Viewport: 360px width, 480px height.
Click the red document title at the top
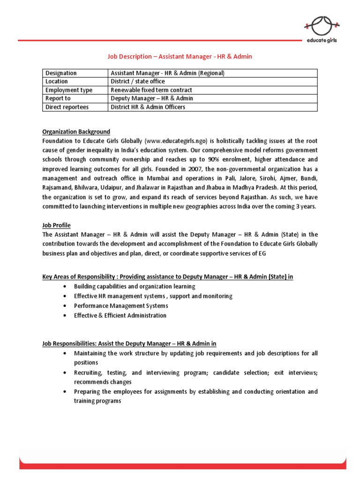click(x=180, y=56)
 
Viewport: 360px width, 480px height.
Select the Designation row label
click(x=61, y=73)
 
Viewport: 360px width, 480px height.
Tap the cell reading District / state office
click(x=138, y=82)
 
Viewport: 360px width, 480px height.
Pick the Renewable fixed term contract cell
click(x=151, y=90)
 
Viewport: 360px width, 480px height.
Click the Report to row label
click(x=58, y=98)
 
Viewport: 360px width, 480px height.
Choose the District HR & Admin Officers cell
click(x=148, y=107)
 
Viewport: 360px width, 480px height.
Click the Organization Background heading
click(x=76, y=131)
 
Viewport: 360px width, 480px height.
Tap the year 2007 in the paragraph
click(x=197, y=169)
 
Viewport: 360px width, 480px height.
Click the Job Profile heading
click(x=56, y=225)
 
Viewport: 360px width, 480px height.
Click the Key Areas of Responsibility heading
click(x=167, y=277)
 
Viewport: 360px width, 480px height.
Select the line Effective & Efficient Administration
click(x=120, y=315)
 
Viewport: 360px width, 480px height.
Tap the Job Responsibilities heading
click(x=129, y=344)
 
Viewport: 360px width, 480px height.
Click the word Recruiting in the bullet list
click(x=88, y=373)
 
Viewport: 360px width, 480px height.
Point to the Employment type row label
click(x=69, y=90)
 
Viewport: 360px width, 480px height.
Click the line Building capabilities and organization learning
click(x=135, y=286)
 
